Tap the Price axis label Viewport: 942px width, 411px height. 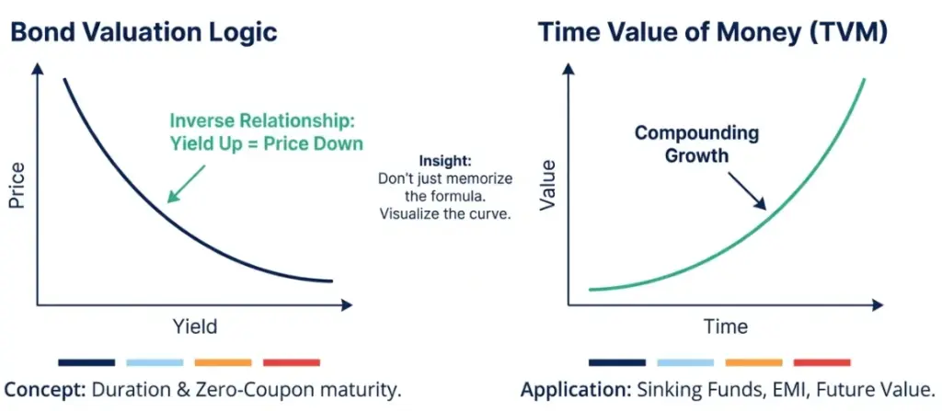pos(17,184)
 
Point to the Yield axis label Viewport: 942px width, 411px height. pos(195,325)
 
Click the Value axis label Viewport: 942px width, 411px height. pos(549,184)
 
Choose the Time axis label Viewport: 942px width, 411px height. pos(726,325)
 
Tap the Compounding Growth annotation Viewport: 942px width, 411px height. pos(696,143)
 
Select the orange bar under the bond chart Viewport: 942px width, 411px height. pos(223,362)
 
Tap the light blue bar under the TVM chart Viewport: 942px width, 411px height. pos(685,362)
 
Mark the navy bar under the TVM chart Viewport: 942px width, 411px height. pos(617,362)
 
